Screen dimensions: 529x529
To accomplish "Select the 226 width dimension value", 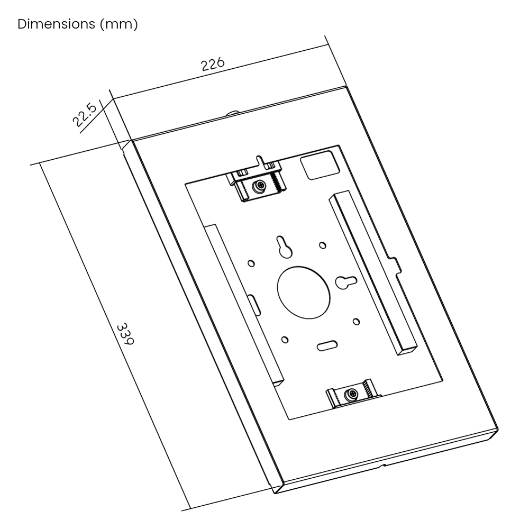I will click(x=212, y=65).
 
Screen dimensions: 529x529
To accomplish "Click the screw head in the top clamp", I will click(x=259, y=187).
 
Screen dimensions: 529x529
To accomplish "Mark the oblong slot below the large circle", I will click(x=327, y=346).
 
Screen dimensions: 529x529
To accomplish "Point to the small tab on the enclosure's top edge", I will click(x=233, y=113).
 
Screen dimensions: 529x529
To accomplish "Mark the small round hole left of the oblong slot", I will click(x=285, y=339).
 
